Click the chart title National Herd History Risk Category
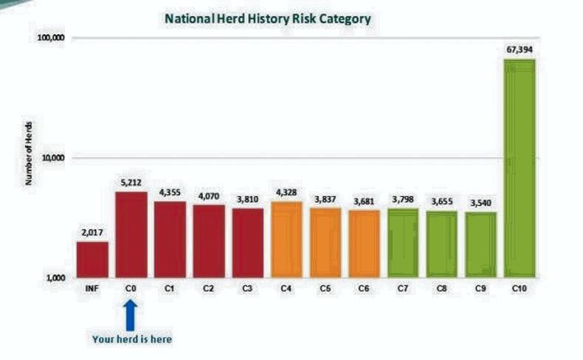[268, 18]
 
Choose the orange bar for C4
[287, 240]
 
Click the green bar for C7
[403, 243]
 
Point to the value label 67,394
[520, 50]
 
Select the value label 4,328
[287, 193]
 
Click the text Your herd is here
[131, 339]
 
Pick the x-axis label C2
[209, 288]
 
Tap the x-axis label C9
[481, 288]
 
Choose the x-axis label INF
[92, 288]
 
